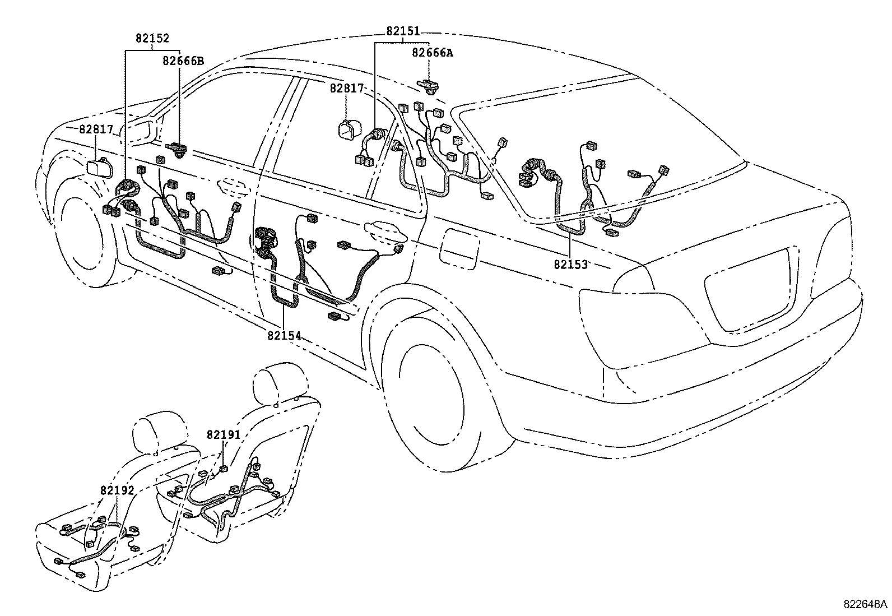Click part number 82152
[152, 39]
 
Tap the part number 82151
[402, 32]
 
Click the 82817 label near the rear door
[346, 89]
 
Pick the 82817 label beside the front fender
[96, 129]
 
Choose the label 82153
[570, 264]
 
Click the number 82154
[284, 336]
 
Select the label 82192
[117, 490]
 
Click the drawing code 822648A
[865, 604]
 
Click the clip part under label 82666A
[429, 85]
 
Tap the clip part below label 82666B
[179, 149]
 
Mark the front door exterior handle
[234, 187]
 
